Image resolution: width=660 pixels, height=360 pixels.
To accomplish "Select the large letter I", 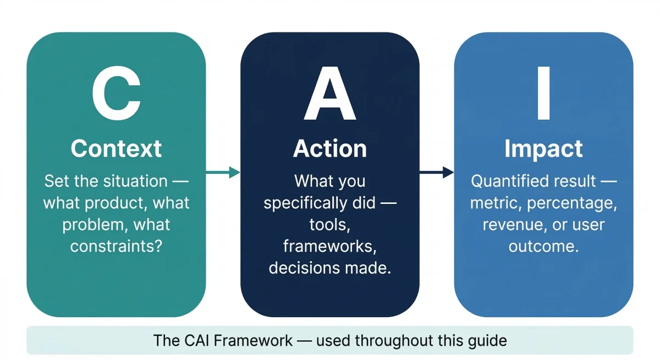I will pos(543,94).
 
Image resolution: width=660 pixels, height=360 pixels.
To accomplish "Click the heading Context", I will pos(116,149).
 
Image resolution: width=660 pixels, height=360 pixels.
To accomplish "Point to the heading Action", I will pos(330,149).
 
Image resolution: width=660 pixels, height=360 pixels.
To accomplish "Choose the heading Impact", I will pos(543,149).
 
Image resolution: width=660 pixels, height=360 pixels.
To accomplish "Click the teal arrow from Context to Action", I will pos(223,173).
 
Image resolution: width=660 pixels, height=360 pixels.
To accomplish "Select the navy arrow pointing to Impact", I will pos(436,173).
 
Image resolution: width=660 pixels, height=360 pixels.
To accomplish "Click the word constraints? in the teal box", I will pos(116,246).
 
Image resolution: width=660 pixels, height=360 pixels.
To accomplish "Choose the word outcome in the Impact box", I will pos(543,246).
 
